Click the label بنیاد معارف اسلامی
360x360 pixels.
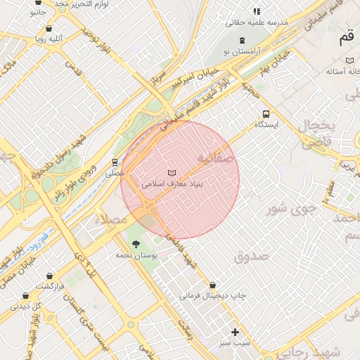pyautogui.click(x=172, y=184)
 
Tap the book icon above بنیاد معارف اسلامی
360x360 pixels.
pyautogui.click(x=172, y=172)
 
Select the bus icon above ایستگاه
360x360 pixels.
pyautogui.click(x=266, y=114)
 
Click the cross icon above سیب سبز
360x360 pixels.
pyautogui.click(x=235, y=332)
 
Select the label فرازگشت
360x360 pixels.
pyautogui.click(x=51, y=287)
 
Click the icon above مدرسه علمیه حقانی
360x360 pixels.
pyautogui.click(x=257, y=11)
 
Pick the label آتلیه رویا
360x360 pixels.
pyautogui.click(x=47, y=39)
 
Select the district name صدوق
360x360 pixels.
pyautogui.click(x=252, y=256)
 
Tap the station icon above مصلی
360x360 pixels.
pyautogui.click(x=115, y=162)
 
